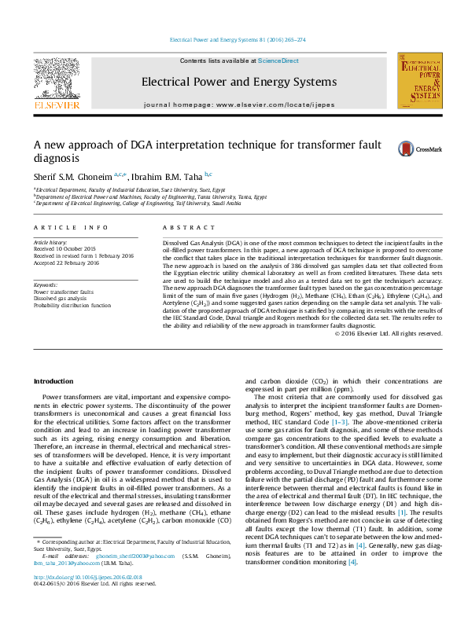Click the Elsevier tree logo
click(x=56, y=82)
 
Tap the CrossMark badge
click(x=420, y=149)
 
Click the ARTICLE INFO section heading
click(x=71, y=227)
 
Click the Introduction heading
click(x=53, y=381)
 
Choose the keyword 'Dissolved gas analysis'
click(x=60, y=298)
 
